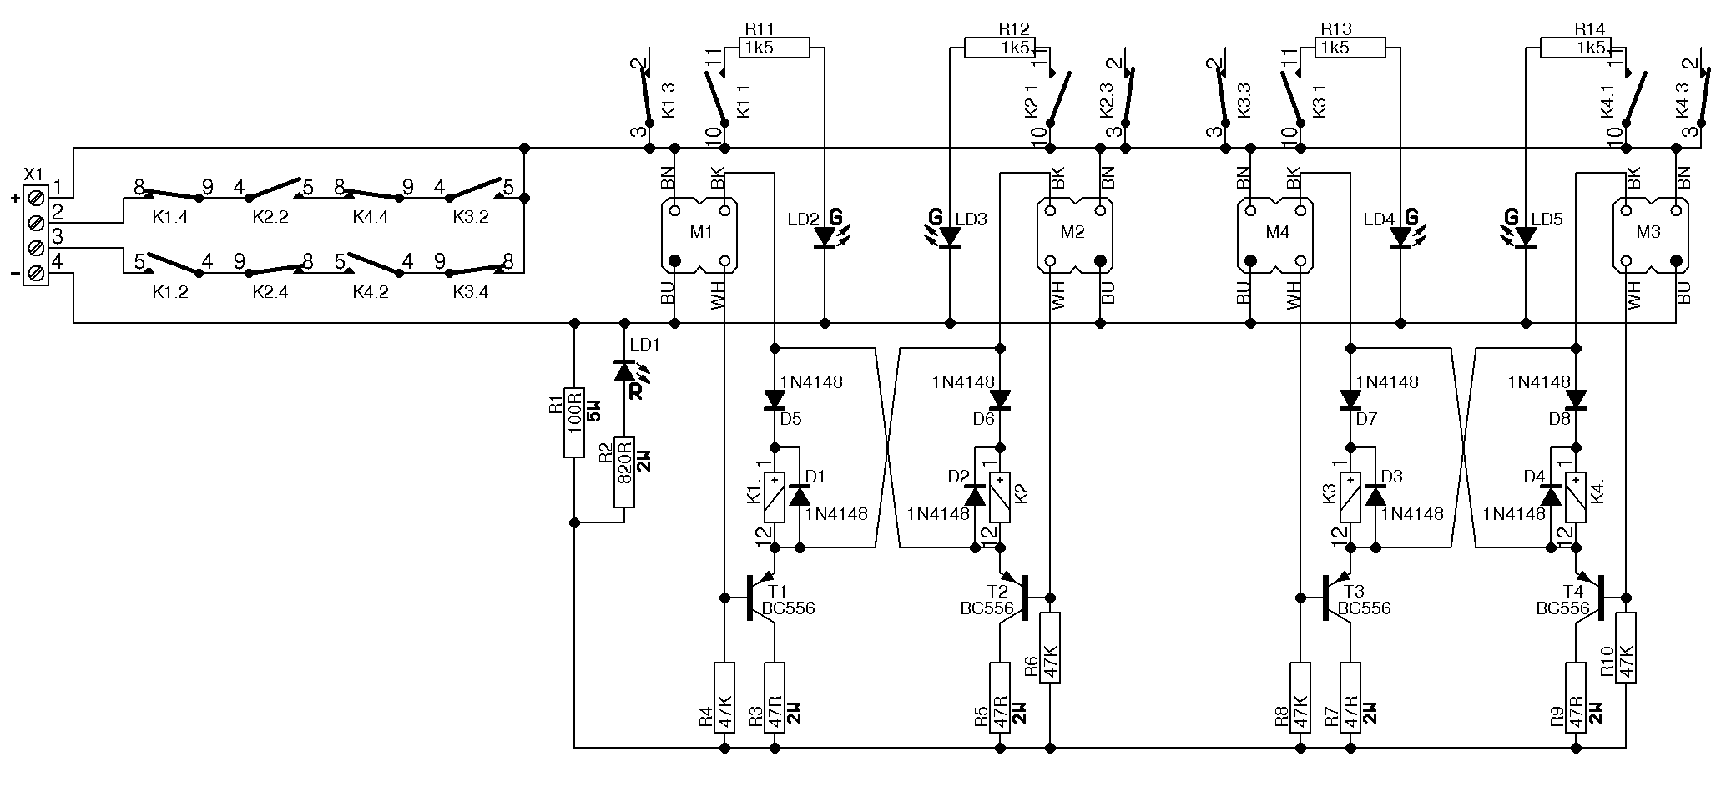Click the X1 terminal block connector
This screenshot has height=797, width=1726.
tap(36, 236)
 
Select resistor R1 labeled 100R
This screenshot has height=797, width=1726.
tap(574, 421)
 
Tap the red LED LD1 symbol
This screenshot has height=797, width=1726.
tap(624, 371)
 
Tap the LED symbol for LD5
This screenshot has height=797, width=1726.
tap(1526, 237)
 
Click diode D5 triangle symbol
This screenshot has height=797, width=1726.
tap(775, 400)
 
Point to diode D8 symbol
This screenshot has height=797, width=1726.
tap(1576, 400)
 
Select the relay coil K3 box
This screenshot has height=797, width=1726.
tap(1350, 497)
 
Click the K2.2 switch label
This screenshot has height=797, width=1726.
tap(270, 217)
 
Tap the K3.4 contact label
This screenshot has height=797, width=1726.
tap(471, 292)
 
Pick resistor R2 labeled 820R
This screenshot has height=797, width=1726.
tap(624, 472)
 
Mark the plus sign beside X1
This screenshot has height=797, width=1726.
tap(14, 199)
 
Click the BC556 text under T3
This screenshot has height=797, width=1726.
tap(1364, 608)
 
